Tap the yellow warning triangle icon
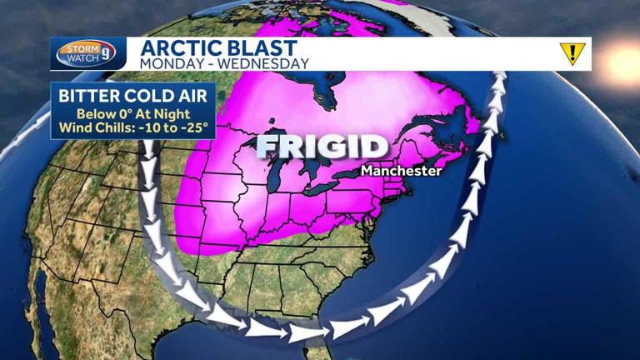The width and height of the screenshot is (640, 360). [x=572, y=53]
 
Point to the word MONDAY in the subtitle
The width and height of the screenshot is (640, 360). [x=170, y=62]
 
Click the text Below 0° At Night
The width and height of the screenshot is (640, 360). [x=133, y=114]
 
